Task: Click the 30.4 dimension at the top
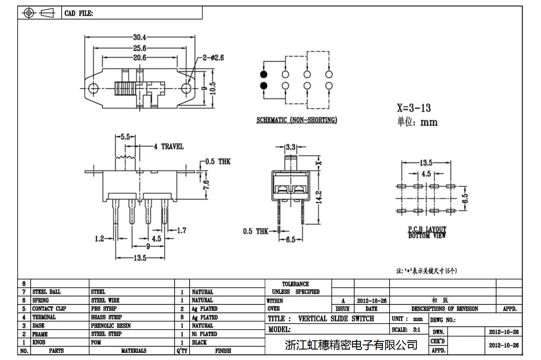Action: click(x=140, y=37)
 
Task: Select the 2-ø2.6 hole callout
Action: click(x=213, y=58)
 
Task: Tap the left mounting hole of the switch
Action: click(x=94, y=88)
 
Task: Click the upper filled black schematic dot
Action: click(x=263, y=74)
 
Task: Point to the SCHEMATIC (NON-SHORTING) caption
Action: click(x=297, y=120)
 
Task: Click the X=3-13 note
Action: click(x=414, y=108)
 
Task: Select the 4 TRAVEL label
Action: click(x=169, y=146)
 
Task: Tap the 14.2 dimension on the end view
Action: click(x=319, y=197)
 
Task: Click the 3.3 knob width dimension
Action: click(x=290, y=147)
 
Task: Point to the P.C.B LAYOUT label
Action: click(x=427, y=229)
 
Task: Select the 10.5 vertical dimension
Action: click(x=213, y=88)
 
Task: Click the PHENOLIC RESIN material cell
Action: click(x=111, y=326)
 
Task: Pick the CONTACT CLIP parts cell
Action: click(x=49, y=309)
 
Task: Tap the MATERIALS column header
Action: click(x=134, y=351)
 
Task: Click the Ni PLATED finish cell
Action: click(x=204, y=334)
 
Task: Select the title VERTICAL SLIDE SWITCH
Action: click(x=336, y=319)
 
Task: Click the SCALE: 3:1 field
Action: click(x=406, y=330)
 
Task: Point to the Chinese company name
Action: click(x=351, y=345)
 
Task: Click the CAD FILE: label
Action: click(x=79, y=13)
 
